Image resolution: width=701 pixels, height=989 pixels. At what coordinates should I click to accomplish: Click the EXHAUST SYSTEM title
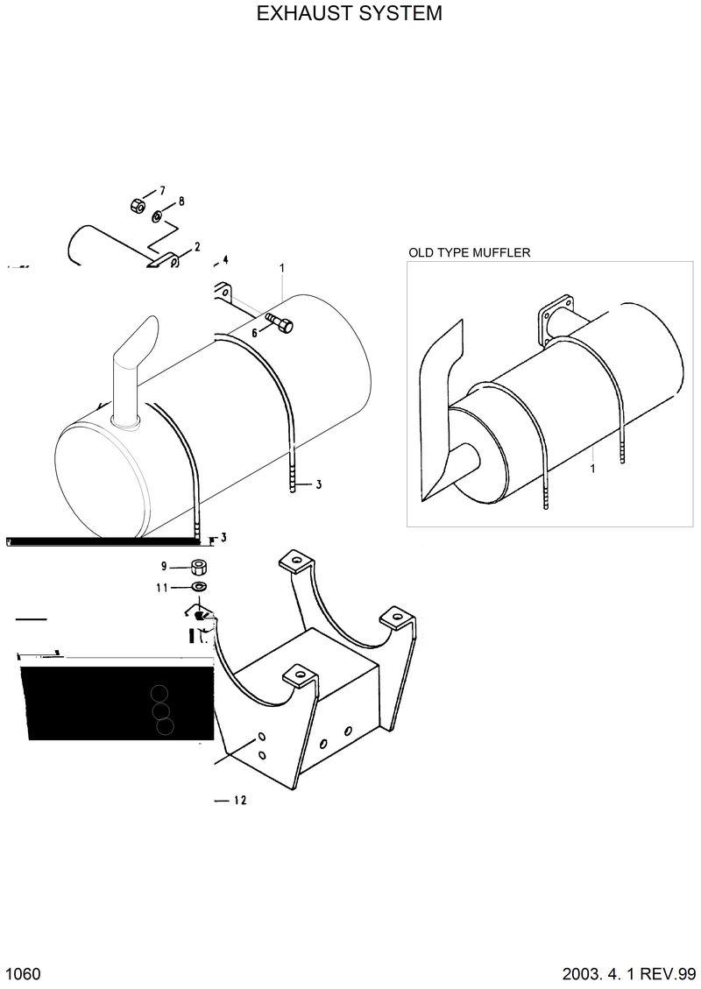pyautogui.click(x=350, y=14)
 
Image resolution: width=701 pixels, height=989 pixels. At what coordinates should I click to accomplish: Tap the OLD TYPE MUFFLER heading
pyautogui.click(x=470, y=252)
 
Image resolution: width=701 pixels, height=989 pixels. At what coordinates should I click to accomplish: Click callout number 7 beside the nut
pyautogui.click(x=161, y=190)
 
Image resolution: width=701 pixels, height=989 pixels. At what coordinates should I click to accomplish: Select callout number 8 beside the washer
pyautogui.click(x=181, y=201)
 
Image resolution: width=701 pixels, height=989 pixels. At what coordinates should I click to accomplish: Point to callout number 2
pyautogui.click(x=197, y=247)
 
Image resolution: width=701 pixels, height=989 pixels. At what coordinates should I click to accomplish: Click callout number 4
pyautogui.click(x=225, y=259)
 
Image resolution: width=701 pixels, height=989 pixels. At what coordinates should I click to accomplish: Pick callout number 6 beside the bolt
pyautogui.click(x=255, y=333)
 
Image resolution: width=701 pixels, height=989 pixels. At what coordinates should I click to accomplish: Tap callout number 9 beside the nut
pyautogui.click(x=163, y=566)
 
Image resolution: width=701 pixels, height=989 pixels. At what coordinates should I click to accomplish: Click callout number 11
pyautogui.click(x=162, y=588)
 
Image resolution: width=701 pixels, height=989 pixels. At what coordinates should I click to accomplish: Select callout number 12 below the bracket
pyautogui.click(x=241, y=800)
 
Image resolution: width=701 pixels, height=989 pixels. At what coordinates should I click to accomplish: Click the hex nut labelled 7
pyautogui.click(x=137, y=206)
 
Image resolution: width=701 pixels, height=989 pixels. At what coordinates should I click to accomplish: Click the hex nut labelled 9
pyautogui.click(x=199, y=566)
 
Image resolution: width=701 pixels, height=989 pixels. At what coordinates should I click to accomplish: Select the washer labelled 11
pyautogui.click(x=199, y=586)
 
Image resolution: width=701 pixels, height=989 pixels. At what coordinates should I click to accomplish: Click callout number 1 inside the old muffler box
pyautogui.click(x=593, y=470)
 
